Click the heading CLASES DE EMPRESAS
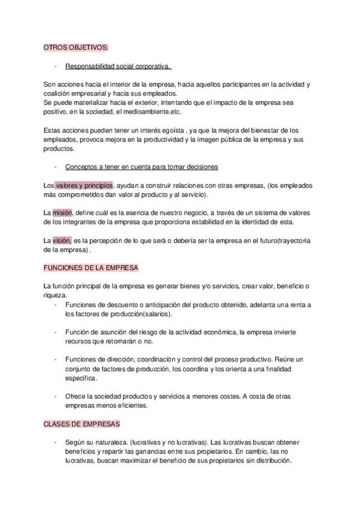[x=82, y=424]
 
